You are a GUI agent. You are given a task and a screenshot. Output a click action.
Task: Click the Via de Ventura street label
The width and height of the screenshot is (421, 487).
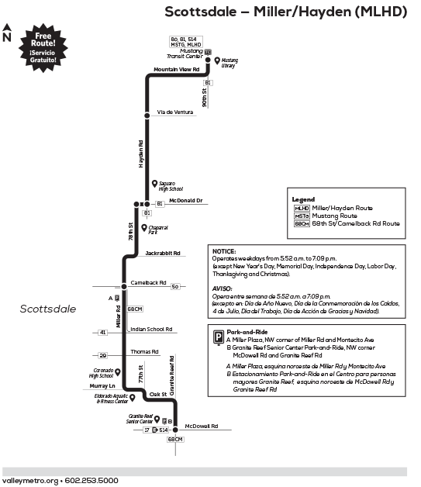coord(174,112)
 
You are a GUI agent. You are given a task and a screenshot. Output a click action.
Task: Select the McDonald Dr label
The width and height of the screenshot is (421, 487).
coord(185,200)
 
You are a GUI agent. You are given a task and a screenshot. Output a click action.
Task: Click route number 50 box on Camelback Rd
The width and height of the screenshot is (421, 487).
coord(175,286)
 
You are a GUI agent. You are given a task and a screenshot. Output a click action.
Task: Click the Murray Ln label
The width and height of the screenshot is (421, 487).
coord(101,385)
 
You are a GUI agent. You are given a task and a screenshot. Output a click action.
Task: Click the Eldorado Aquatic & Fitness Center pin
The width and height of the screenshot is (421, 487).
coord(133,397)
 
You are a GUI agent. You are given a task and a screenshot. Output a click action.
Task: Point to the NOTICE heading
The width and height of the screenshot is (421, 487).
coord(224,252)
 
